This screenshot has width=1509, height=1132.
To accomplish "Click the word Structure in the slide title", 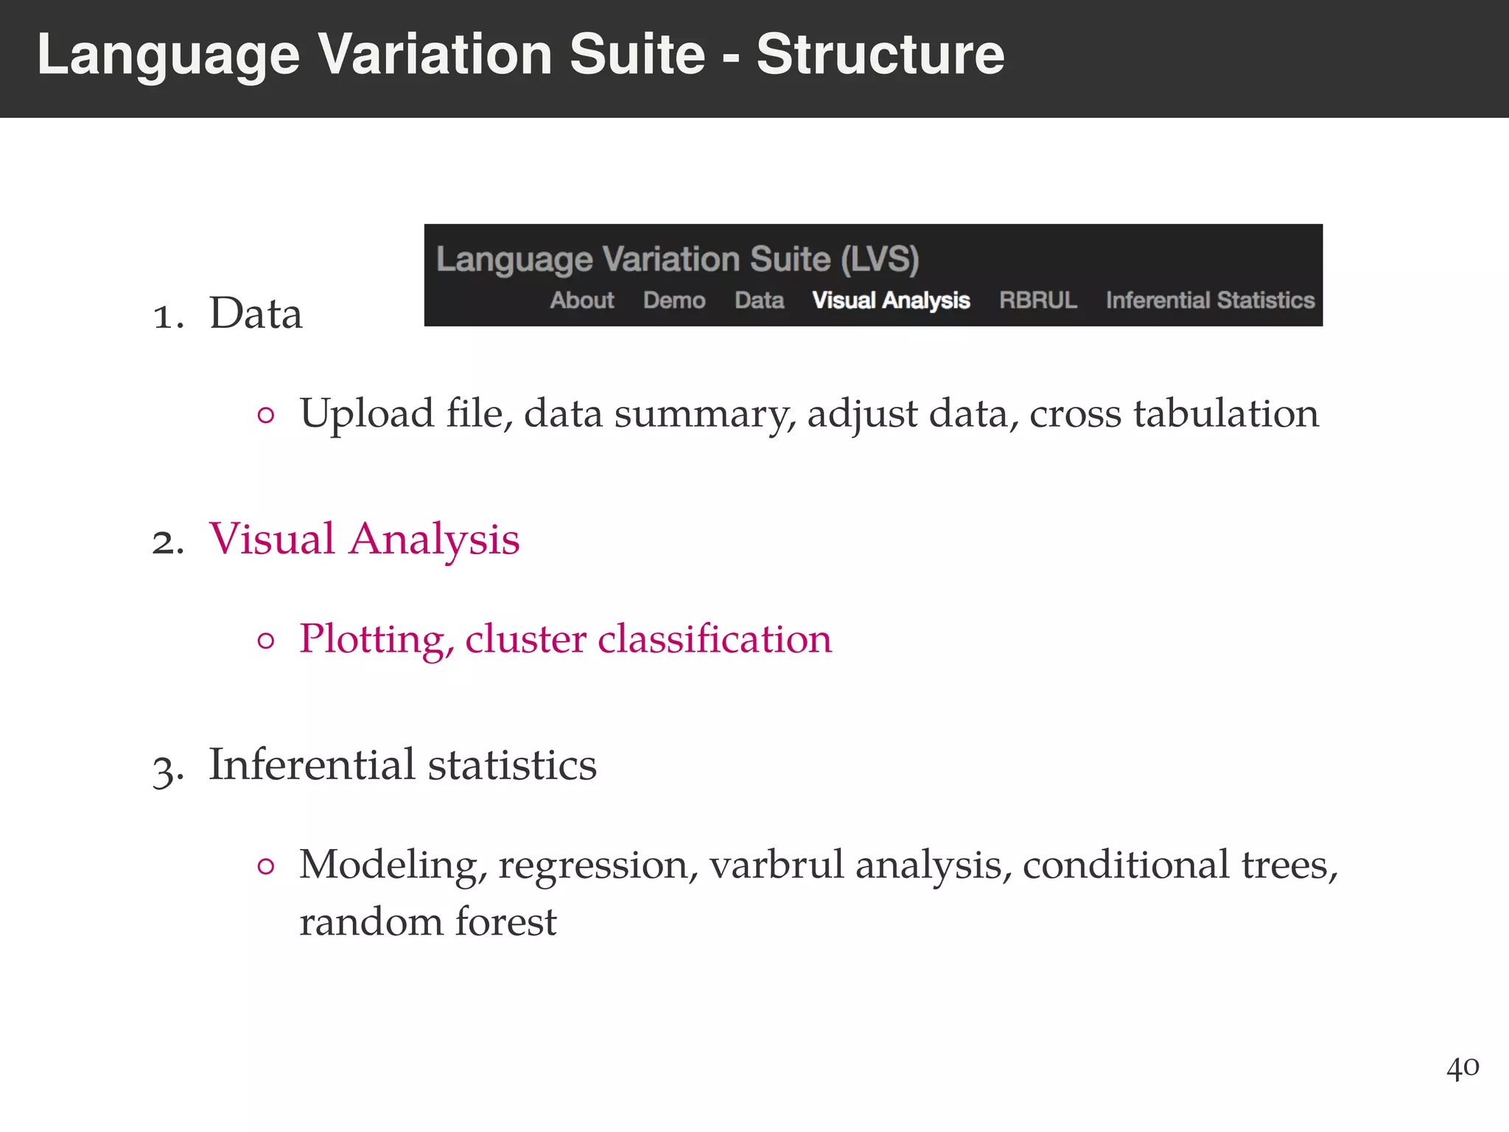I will pyautogui.click(x=880, y=55).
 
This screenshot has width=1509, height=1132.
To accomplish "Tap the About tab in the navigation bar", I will pyautogui.click(x=581, y=301).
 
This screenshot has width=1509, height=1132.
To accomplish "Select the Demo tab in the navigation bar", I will pyautogui.click(x=674, y=301).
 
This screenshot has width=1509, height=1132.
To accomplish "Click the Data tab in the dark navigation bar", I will pyautogui.click(x=759, y=301).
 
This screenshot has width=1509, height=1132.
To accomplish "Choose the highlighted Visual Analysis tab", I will pyautogui.click(x=890, y=301).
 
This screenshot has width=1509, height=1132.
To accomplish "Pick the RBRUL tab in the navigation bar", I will pyautogui.click(x=1037, y=301).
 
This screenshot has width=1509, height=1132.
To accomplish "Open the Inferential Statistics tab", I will pyautogui.click(x=1210, y=301).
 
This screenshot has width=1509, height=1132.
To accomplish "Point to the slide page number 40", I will pyautogui.click(x=1463, y=1067).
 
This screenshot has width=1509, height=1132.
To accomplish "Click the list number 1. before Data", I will pyautogui.click(x=169, y=317).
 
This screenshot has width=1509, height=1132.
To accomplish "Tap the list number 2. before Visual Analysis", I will pyautogui.click(x=169, y=542).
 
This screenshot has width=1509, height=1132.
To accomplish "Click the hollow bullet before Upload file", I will pyautogui.click(x=266, y=416).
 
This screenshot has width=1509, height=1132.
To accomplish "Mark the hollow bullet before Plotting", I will pyautogui.click(x=266, y=640).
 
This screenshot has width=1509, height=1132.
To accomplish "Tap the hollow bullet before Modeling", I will pyautogui.click(x=266, y=867).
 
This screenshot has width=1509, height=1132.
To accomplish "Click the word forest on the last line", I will pyautogui.click(x=505, y=922).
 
